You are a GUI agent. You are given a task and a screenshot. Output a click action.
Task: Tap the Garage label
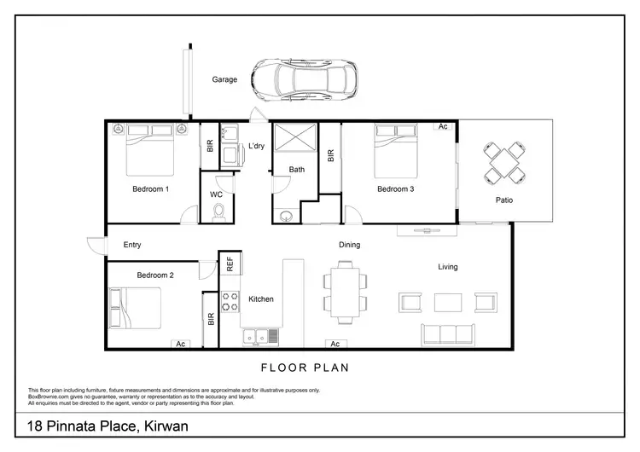point(224,79)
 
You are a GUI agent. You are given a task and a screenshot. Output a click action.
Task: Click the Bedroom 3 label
point(396,188)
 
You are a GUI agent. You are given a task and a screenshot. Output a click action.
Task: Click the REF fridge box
point(229,264)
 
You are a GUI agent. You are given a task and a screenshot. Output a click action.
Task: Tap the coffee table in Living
point(448,302)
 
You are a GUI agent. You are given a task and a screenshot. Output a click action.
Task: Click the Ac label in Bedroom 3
point(442,126)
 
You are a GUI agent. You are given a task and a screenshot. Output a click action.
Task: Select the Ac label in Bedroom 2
point(180,344)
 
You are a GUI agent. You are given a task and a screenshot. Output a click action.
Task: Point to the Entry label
point(132,245)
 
